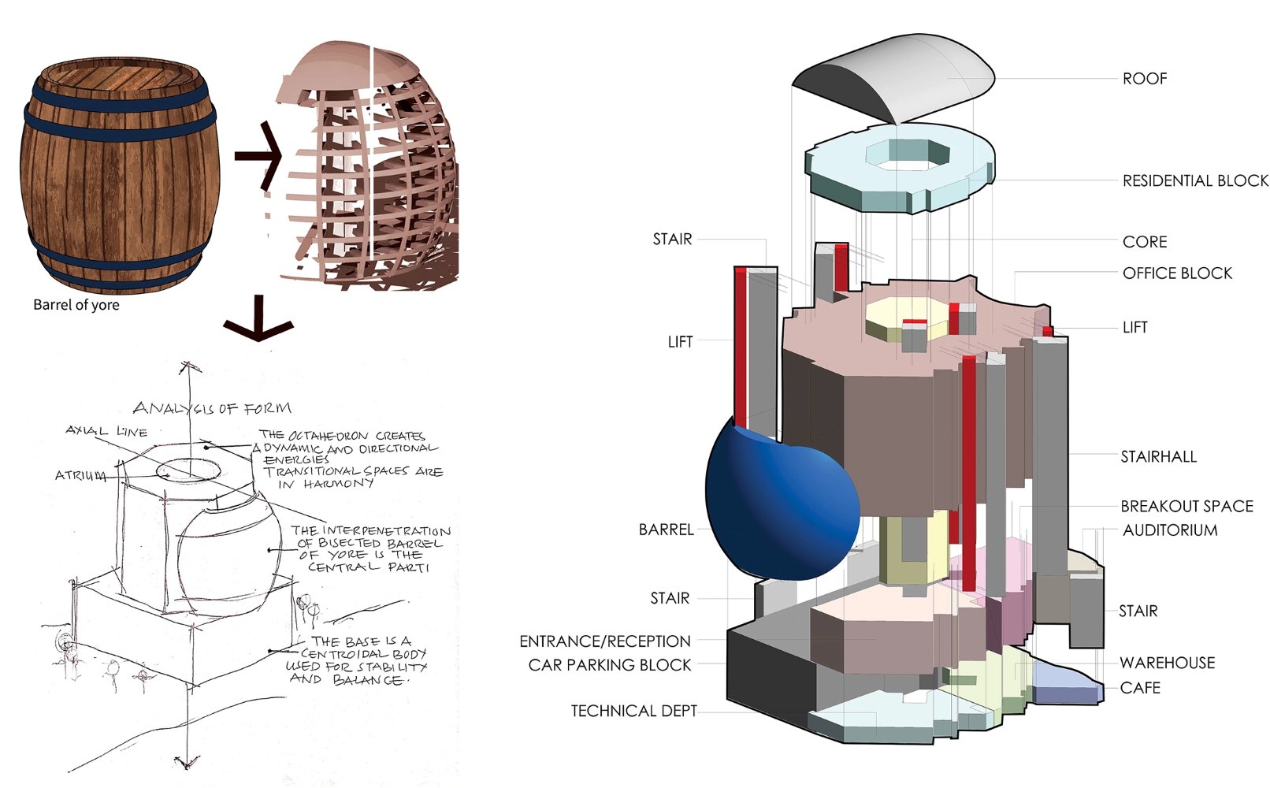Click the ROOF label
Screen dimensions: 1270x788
coord(1144,78)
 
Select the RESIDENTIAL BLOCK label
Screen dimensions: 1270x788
coord(1195,180)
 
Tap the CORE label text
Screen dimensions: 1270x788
coord(1144,242)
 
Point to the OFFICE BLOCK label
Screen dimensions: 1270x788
coord(1177,273)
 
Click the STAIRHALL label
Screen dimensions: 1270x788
coord(1158,457)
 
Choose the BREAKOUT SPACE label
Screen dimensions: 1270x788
coord(1186,506)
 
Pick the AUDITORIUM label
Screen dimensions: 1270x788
coord(1170,530)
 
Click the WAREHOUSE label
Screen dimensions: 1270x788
coord(1168,663)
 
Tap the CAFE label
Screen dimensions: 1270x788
coord(1139,688)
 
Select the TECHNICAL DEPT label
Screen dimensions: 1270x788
coord(633,712)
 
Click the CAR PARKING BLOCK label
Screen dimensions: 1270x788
coord(610,665)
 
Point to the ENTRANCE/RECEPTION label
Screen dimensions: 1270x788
coord(605,641)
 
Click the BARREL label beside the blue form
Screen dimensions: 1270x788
coord(667,530)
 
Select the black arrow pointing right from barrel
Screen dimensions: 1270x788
coord(258,155)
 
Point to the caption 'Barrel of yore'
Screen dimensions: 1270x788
coord(76,305)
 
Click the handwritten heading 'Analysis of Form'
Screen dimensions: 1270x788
coord(212,408)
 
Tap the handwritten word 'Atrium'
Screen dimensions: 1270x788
coord(80,475)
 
